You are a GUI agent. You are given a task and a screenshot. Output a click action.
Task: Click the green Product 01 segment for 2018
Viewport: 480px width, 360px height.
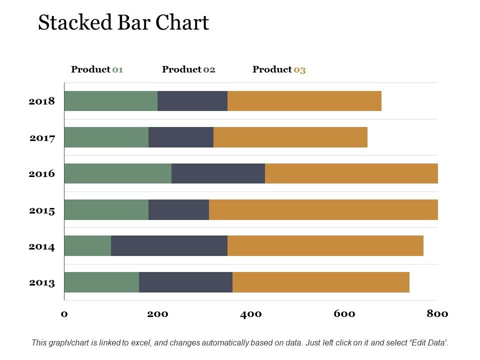[110, 101]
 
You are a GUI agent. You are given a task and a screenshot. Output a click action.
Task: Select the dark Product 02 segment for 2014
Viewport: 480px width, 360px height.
[169, 245]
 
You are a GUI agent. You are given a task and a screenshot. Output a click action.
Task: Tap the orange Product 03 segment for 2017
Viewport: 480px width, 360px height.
[290, 137]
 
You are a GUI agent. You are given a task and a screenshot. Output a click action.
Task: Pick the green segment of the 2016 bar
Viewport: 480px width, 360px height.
[117, 173]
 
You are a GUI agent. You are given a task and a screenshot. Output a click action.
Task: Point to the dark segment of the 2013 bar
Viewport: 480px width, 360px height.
[185, 282]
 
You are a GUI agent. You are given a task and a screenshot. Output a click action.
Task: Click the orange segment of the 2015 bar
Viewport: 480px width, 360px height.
[323, 209]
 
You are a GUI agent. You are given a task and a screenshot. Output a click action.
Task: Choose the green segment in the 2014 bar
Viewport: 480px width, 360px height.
[87, 245]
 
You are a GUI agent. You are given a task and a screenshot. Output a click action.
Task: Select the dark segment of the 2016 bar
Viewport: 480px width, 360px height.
[218, 173]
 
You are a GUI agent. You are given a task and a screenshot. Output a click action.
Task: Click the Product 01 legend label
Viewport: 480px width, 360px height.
[97, 69]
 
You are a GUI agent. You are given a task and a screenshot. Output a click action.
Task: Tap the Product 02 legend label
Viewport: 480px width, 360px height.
[188, 69]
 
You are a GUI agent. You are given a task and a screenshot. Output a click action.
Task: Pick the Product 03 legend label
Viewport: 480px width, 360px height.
[279, 69]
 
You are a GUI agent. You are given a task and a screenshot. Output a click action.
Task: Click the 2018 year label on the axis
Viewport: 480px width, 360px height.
[41, 101]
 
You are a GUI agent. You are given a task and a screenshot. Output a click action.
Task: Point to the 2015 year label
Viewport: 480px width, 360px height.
[41, 210]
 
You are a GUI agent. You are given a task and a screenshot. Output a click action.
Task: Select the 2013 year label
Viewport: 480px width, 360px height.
[41, 283]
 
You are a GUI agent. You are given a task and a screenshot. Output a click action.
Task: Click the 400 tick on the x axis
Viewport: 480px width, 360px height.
[251, 314]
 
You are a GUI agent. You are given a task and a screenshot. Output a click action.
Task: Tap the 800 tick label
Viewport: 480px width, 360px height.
[437, 314]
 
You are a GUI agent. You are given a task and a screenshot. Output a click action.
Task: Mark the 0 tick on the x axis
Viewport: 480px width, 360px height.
[64, 314]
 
